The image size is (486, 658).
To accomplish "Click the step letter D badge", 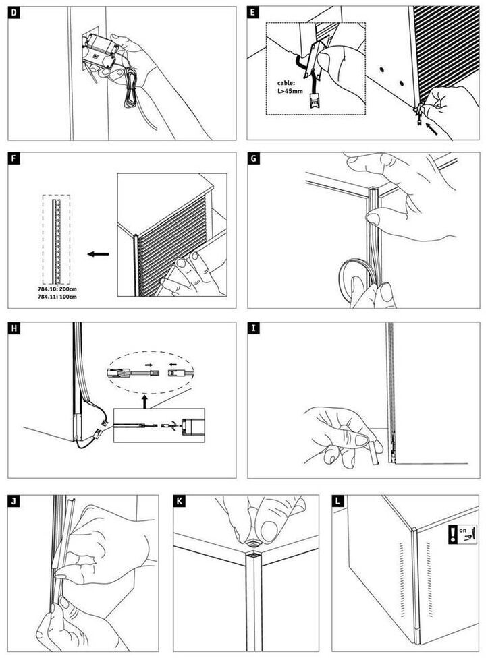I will click(14, 13).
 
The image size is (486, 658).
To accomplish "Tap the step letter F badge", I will click(14, 159).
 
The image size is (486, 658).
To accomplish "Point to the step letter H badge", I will click(14, 329).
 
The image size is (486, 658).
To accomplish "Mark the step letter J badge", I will click(14, 501).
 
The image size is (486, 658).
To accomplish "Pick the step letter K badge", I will click(179, 501).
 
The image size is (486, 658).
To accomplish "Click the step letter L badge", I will click(338, 501).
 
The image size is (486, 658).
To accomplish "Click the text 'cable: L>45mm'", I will click(290, 87).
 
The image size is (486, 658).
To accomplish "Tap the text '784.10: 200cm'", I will click(57, 289).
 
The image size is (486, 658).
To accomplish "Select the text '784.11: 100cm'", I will click(57, 296).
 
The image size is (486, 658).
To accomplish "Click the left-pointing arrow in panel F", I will click(98, 255).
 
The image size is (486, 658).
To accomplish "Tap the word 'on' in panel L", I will click(463, 531).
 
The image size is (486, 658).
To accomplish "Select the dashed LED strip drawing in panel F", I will click(55, 239).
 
